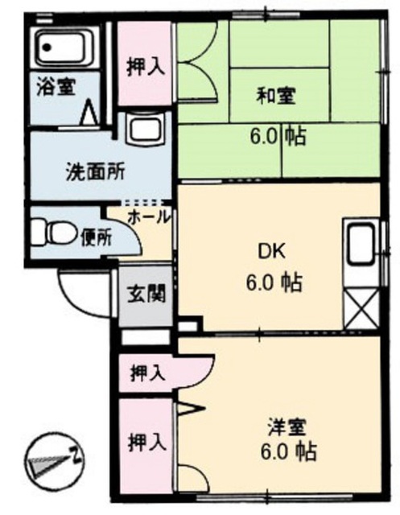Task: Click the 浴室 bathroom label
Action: click(x=56, y=86)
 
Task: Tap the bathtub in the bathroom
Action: click(x=65, y=47)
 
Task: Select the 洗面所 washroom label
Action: click(x=96, y=171)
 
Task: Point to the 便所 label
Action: click(x=97, y=237)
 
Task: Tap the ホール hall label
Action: click(x=150, y=217)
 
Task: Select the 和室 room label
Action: click(x=276, y=96)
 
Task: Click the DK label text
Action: click(x=271, y=252)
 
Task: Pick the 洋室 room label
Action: click(x=287, y=427)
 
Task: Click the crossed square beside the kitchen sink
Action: click(x=361, y=307)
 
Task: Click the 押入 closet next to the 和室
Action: click(x=145, y=63)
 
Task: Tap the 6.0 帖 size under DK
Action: click(x=274, y=282)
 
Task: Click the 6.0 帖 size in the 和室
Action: click(x=278, y=136)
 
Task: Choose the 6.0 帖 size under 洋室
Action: click(x=289, y=452)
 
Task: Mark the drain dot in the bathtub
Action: click(x=48, y=47)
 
